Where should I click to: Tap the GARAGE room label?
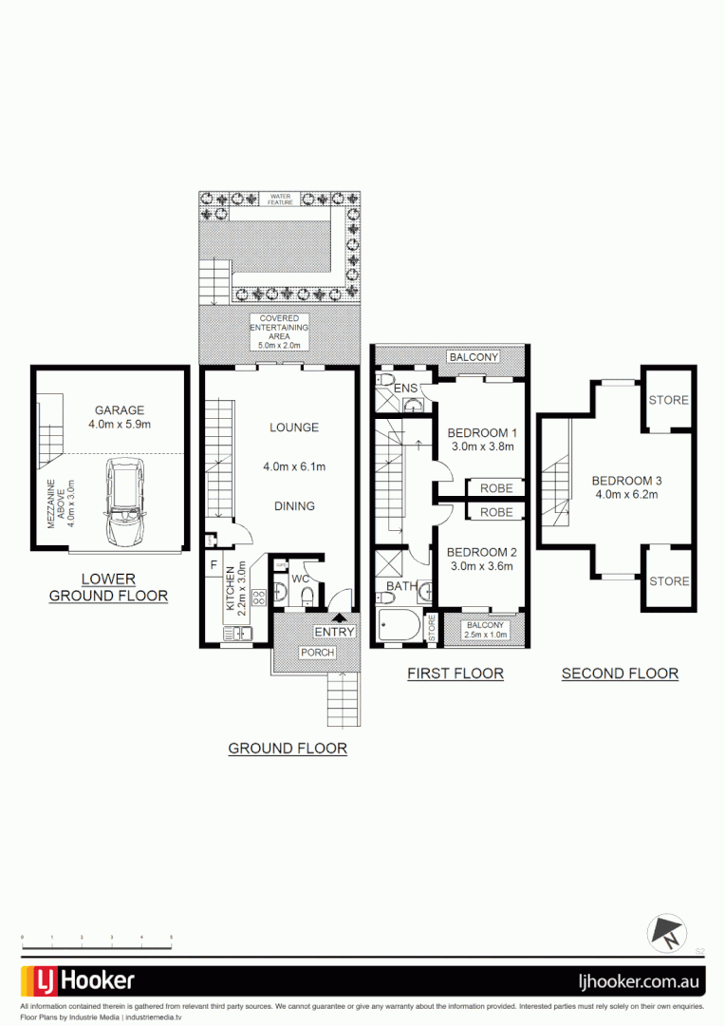[120, 410]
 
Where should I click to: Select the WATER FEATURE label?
[281, 199]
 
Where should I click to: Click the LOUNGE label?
[293, 427]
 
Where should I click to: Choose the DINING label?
[293, 505]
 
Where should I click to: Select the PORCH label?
[317, 653]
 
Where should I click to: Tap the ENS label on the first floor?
[406, 389]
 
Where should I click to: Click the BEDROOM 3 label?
[626, 481]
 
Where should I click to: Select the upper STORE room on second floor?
[668, 400]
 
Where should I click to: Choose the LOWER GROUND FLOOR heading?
[108, 587]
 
